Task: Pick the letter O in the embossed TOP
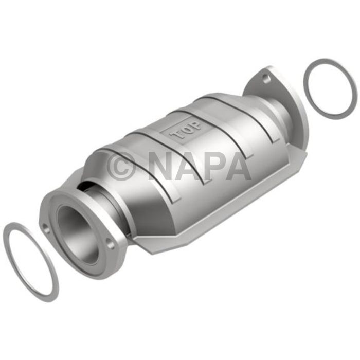pyautogui.click(x=186, y=129)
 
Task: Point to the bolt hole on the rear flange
pyautogui.click(x=265, y=79)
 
